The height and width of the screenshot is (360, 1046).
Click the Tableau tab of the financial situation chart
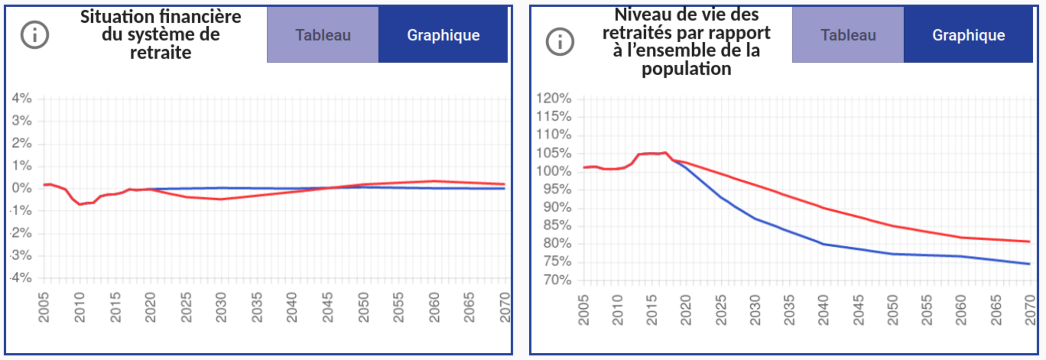(323, 35)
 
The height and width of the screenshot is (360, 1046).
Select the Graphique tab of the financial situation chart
(443, 35)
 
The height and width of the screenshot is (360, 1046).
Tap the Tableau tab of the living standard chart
(848, 35)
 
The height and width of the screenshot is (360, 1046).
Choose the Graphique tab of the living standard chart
(969, 35)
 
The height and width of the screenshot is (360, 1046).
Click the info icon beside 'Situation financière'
(35, 35)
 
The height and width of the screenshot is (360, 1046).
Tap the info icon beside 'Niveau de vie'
(560, 42)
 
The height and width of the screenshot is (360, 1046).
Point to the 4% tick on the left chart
(22, 98)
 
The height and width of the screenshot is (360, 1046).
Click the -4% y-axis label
(21, 278)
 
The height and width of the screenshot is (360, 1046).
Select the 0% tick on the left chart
(22, 188)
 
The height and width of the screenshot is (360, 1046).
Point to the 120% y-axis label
(554, 98)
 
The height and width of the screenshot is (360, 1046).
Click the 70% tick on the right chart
(557, 280)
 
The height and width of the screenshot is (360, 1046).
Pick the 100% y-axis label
(554, 171)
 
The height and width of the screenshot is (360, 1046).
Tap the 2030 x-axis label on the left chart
(221, 308)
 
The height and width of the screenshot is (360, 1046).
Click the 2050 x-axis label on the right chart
(892, 310)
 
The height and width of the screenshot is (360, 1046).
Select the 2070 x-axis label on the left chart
(504, 308)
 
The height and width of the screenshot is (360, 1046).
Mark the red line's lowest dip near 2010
(80, 204)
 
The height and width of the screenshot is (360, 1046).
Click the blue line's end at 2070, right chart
(1029, 264)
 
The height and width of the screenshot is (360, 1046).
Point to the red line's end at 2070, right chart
(1029, 242)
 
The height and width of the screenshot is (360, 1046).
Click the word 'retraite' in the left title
(161, 53)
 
